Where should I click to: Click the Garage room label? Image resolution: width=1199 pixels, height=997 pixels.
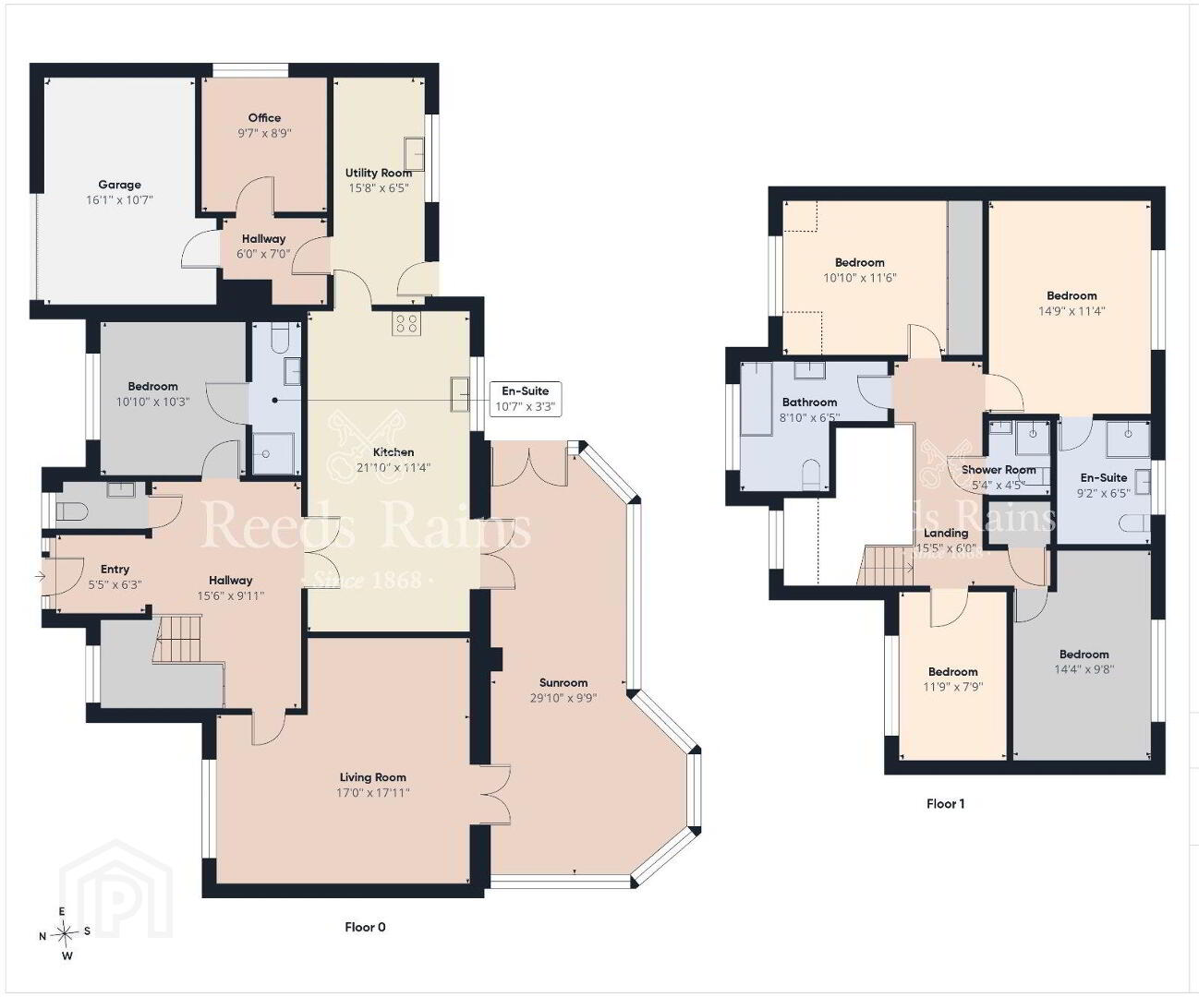(x=119, y=185)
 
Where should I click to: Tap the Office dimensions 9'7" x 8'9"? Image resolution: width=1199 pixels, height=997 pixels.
(x=264, y=133)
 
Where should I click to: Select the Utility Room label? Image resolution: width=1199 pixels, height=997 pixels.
(x=379, y=173)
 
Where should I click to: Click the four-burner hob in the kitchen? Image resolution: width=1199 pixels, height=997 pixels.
(x=406, y=323)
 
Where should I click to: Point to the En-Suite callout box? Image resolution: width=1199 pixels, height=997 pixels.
(x=525, y=399)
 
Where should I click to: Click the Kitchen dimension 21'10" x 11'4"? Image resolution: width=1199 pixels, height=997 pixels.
(x=394, y=467)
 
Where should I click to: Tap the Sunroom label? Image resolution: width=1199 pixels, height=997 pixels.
(x=563, y=682)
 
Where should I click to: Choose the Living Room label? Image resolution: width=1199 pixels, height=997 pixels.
(x=372, y=777)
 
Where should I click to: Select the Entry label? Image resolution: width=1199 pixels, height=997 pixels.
(x=115, y=569)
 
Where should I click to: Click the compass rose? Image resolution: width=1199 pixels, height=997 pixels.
(x=65, y=933)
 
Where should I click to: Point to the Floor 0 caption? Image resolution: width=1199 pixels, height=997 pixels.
(x=365, y=927)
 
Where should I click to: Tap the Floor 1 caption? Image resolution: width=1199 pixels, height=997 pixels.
(x=945, y=803)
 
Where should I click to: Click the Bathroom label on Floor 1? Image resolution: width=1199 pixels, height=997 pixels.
(x=809, y=402)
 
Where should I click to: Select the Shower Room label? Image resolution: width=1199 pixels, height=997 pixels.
(x=998, y=470)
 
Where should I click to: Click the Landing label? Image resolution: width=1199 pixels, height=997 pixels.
(x=946, y=533)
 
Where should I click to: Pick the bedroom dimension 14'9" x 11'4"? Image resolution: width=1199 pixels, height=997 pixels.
(x=1072, y=311)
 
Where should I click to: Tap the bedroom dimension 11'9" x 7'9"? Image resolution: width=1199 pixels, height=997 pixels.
(x=952, y=687)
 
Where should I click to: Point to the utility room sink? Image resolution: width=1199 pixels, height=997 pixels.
(x=414, y=154)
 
